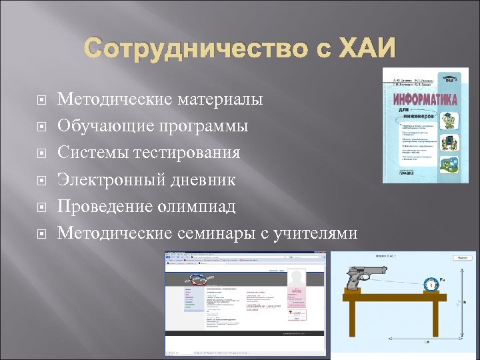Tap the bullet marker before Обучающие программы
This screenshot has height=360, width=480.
[40, 126]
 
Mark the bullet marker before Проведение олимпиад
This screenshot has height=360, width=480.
[40, 206]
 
